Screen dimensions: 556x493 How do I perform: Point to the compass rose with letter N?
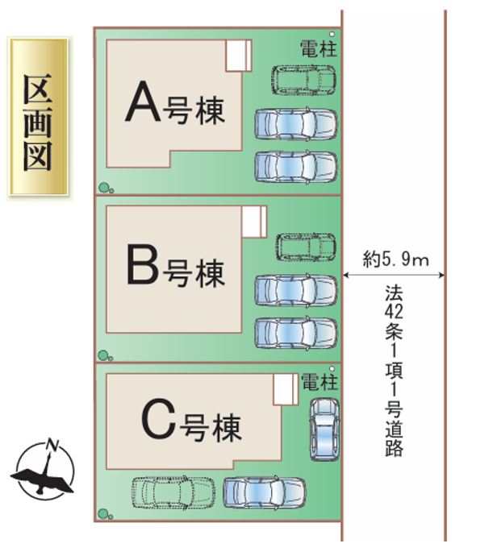45,470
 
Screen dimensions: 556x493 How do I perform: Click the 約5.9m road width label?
395,259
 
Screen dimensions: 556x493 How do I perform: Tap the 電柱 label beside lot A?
315,48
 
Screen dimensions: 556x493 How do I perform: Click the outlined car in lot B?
305,247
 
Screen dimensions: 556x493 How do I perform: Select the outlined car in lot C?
173,491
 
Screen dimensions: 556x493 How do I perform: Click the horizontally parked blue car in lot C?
264,492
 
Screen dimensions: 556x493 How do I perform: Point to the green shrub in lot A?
105,189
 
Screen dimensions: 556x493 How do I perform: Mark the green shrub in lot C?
103,514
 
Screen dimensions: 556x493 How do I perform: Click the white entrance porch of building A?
237,56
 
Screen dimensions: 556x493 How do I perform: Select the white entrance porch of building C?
283,391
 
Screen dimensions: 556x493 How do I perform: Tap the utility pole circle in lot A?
332,35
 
